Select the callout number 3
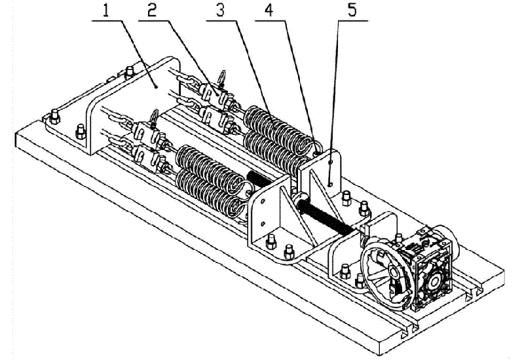click(x=219, y=10)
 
